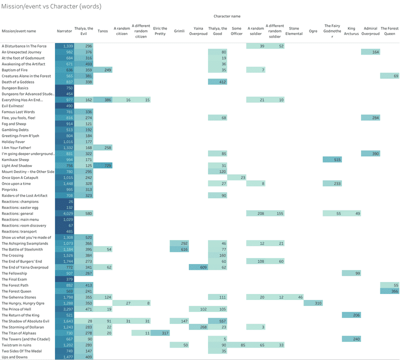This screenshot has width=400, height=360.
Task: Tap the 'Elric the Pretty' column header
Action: [160, 31]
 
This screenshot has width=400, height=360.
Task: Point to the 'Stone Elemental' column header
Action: [294, 31]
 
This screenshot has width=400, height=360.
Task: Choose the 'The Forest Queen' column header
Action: [389, 31]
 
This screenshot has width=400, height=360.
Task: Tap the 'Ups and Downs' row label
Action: [14, 357]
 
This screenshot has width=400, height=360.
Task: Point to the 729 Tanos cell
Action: [103, 165]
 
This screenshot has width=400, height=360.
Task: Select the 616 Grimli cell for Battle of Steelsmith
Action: [179, 249]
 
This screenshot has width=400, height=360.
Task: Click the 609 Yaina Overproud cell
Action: [198, 267]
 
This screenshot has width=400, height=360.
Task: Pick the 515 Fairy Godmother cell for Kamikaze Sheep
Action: [332, 159]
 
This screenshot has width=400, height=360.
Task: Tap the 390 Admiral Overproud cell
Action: [370, 153]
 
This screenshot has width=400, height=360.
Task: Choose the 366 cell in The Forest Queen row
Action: [389, 291]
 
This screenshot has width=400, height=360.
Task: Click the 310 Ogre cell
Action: [313, 303]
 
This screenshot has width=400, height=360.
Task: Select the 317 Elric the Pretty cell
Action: [160, 333]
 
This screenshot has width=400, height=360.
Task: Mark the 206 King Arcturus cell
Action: [351, 315]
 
